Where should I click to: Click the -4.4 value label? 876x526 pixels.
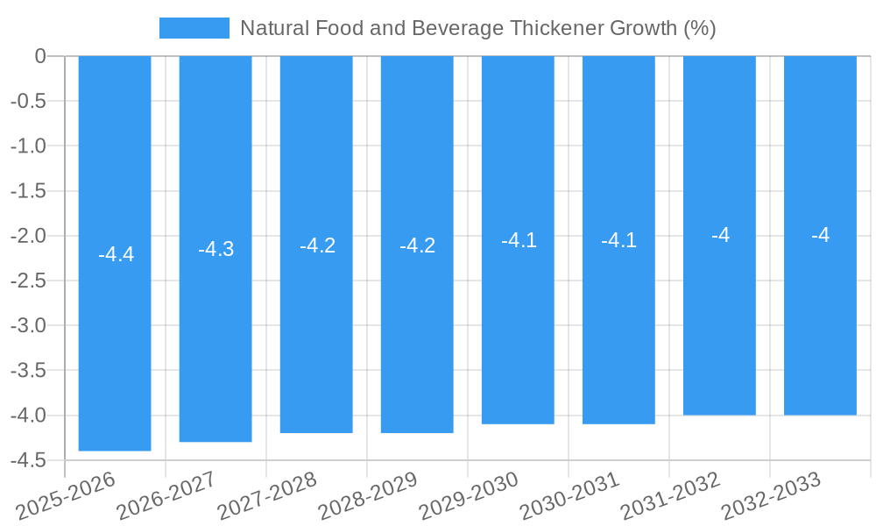[x=116, y=254]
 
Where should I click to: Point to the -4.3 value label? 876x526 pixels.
[x=215, y=249]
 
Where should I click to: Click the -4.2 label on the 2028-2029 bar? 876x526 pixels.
[x=417, y=245]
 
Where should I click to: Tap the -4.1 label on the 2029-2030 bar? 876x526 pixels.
[x=519, y=240]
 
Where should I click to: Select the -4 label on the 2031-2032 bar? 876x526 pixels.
[x=720, y=235]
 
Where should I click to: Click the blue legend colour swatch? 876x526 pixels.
[x=194, y=28]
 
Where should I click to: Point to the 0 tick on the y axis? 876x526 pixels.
[x=40, y=56]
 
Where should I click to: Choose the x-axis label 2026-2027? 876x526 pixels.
[x=166, y=496]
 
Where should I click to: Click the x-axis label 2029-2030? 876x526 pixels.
[x=470, y=496]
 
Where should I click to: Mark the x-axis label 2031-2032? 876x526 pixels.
[x=671, y=496]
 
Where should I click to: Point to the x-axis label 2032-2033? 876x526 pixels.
[x=772, y=496]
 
